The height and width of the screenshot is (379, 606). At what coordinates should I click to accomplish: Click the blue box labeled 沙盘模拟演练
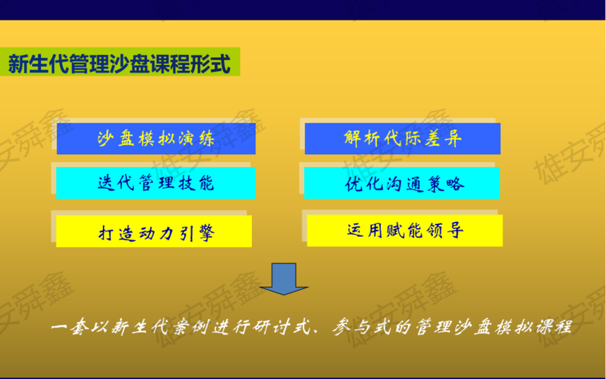(156, 139)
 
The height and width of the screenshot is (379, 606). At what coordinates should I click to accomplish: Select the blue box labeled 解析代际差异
(402, 139)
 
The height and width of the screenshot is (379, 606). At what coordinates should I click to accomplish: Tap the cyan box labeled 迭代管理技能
(156, 183)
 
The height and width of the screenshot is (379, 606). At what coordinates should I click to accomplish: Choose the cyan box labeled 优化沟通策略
(402, 183)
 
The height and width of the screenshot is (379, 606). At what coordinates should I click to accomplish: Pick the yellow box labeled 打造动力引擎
(154, 231)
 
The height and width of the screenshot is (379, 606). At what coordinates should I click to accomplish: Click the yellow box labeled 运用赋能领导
(405, 230)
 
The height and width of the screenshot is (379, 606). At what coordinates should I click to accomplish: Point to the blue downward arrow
(284, 279)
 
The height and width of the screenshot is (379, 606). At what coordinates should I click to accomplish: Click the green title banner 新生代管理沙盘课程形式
(120, 62)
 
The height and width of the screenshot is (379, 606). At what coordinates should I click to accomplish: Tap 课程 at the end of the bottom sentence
(553, 328)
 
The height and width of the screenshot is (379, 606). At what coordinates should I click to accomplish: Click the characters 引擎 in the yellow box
(197, 232)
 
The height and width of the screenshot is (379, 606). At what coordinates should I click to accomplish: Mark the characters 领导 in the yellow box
(445, 231)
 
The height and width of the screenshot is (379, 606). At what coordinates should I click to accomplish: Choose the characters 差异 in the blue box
(443, 138)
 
